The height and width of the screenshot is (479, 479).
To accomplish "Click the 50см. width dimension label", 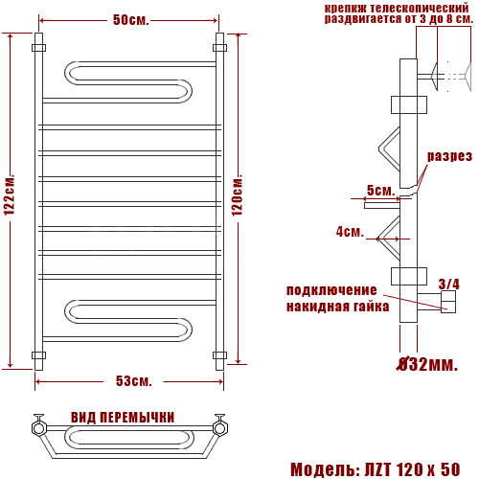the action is point(131,20).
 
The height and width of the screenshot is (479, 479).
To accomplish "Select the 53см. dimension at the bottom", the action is point(133,381).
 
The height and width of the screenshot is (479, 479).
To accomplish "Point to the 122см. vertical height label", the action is point(10,194).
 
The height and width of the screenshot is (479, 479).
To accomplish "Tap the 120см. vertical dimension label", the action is point(237,195).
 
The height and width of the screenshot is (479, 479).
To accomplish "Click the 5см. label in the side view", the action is point(380,191).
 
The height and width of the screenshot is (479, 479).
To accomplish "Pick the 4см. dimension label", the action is point(350,232).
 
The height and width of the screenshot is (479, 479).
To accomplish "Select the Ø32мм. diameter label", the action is point(427,364).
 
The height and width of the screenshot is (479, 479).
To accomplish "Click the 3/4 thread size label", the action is point(448,284).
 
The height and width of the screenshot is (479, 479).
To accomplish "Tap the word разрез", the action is point(449,156).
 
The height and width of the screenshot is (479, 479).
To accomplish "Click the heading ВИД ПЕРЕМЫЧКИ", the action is point(123,418).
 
